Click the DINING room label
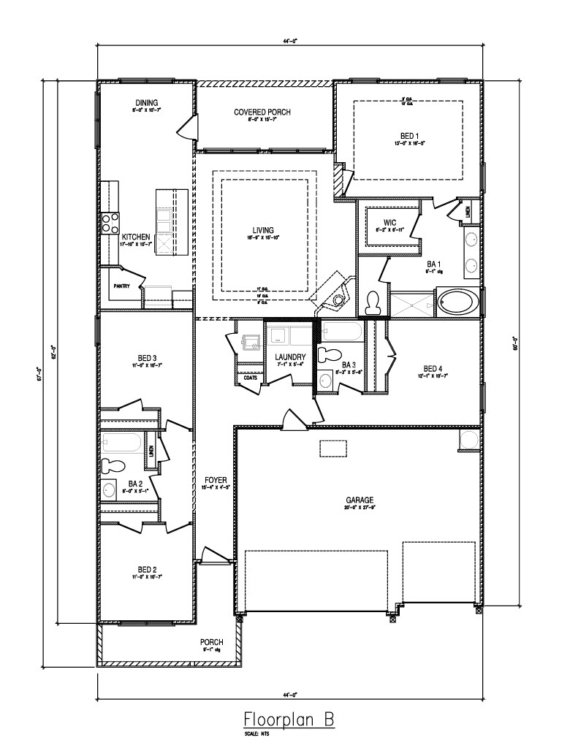146,102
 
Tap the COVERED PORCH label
262,112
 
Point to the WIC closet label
389,222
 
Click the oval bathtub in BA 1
457,302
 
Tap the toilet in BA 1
373,302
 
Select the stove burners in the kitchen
110,223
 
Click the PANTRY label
121,286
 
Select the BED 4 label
433,368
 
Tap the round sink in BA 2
110,489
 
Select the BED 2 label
147,568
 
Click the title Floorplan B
288,718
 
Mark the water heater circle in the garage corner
468,440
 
